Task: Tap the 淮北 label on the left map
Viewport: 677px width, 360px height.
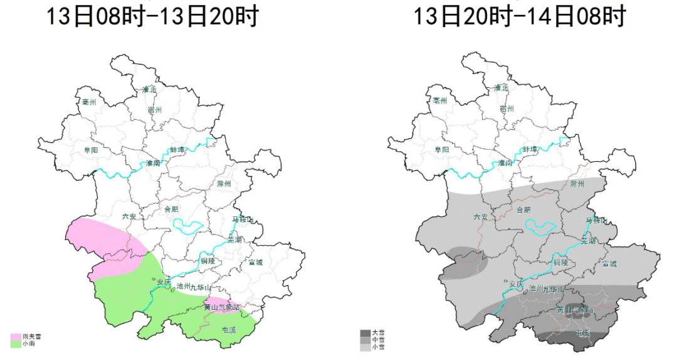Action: (149, 88)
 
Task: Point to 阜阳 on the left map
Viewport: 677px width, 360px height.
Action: (90, 151)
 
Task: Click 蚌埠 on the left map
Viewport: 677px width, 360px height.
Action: (178, 150)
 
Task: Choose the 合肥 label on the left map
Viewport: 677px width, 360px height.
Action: (171, 209)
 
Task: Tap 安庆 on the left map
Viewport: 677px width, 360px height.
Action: (164, 282)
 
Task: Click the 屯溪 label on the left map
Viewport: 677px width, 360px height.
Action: (229, 330)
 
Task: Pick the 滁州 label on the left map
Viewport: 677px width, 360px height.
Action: (224, 184)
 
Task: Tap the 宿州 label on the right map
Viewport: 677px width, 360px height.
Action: (506, 109)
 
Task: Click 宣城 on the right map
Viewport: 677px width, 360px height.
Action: (609, 263)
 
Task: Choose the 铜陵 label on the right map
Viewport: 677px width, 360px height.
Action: (560, 262)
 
